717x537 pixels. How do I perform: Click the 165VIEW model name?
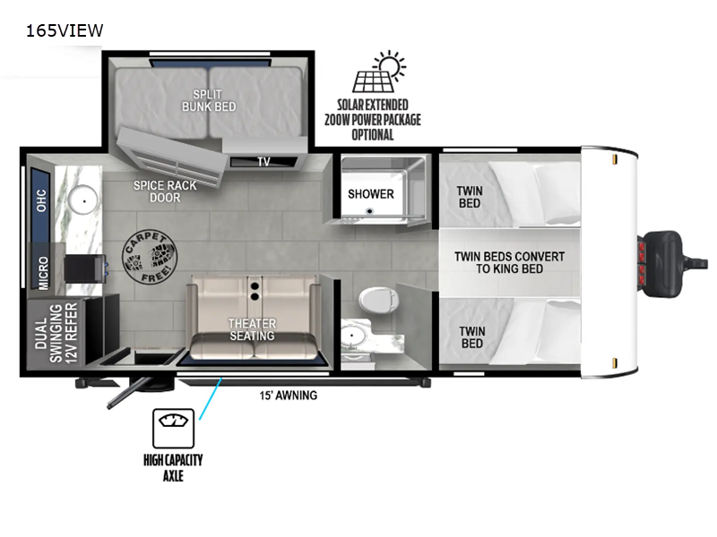click(65, 30)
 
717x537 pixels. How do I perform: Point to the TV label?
click(263, 162)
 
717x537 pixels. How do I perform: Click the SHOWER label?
click(371, 193)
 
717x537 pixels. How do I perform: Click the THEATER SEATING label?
click(252, 329)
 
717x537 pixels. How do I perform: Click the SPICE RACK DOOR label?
click(165, 191)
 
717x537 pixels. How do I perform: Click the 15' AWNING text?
click(288, 395)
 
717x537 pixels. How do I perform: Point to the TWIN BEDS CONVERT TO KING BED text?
click(509, 262)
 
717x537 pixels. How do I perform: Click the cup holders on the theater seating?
click(255, 290)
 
